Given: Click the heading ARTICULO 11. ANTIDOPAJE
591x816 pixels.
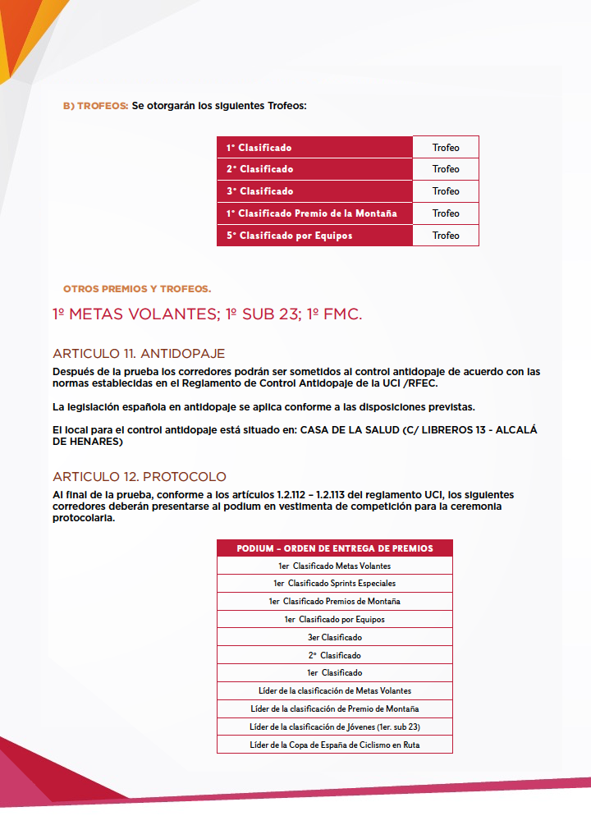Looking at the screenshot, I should [138, 354].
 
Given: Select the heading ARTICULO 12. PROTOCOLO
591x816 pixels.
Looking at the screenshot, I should [140, 477].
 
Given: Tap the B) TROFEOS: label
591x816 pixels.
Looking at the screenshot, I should [95, 106].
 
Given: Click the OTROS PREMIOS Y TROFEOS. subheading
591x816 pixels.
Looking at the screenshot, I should [137, 289].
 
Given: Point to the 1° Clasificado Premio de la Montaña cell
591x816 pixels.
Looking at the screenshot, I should [312, 213].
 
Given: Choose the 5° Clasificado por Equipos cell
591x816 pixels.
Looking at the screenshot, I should [289, 236].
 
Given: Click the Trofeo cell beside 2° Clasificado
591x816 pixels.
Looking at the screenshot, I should [446, 169].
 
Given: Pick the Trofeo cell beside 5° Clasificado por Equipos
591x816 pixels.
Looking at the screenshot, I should [446, 236].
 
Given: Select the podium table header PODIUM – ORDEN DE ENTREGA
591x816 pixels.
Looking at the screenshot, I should [334, 548].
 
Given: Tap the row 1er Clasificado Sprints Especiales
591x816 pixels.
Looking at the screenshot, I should [334, 583].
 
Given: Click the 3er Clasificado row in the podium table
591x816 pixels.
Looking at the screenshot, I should [334, 637].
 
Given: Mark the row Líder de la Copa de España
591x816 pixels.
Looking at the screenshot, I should [334, 745].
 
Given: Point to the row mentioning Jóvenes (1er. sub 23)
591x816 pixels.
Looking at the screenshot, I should [334, 727].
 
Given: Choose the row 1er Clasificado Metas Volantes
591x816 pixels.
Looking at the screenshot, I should [334, 566].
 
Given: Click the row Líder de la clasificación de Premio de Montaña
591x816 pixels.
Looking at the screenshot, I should [334, 708].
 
